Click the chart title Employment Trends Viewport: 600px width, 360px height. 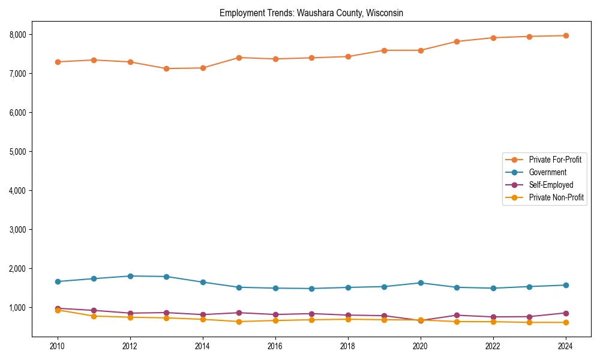coord(311,13)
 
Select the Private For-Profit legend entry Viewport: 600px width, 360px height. coord(555,160)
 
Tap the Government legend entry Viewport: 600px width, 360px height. coord(547,172)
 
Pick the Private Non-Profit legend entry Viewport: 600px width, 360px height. coord(556,197)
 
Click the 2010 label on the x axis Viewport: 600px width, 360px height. coord(58,346)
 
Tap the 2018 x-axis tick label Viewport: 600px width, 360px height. coord(348,346)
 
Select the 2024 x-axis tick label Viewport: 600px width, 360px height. coord(565,346)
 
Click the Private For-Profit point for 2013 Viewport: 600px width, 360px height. coord(166,68)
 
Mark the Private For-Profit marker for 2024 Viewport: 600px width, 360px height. coord(565,36)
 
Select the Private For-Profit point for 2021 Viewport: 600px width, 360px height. coord(457,41)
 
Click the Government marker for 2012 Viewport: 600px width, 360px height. coord(130,276)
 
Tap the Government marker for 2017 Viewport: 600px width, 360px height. coord(311,289)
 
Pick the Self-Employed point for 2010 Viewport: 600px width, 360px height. coord(58,308)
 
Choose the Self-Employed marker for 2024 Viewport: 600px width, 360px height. coord(565,313)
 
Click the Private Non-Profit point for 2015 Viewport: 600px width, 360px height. coord(239,322)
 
